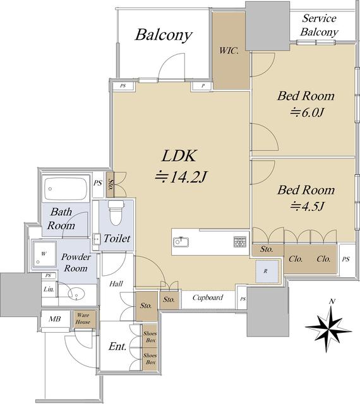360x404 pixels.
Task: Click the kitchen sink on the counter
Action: [x=181, y=242]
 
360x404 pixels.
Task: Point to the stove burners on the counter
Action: [x=239, y=242]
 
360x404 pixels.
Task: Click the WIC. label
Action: [x=229, y=50]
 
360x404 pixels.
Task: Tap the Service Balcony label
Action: [x=319, y=25]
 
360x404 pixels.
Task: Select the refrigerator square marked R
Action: [x=267, y=271]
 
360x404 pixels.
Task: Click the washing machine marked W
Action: [x=44, y=254]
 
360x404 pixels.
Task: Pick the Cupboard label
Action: [x=208, y=297]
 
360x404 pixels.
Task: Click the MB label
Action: [x=55, y=319]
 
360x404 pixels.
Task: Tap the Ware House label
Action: [x=83, y=318]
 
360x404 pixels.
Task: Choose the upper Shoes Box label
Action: [x=150, y=336]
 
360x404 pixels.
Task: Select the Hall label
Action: [x=116, y=283]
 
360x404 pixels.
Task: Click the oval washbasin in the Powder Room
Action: [x=76, y=294]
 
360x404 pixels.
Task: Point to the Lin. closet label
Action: [x=49, y=289]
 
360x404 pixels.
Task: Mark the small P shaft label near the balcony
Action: [x=203, y=86]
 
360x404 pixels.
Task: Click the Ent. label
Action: [x=117, y=347]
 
